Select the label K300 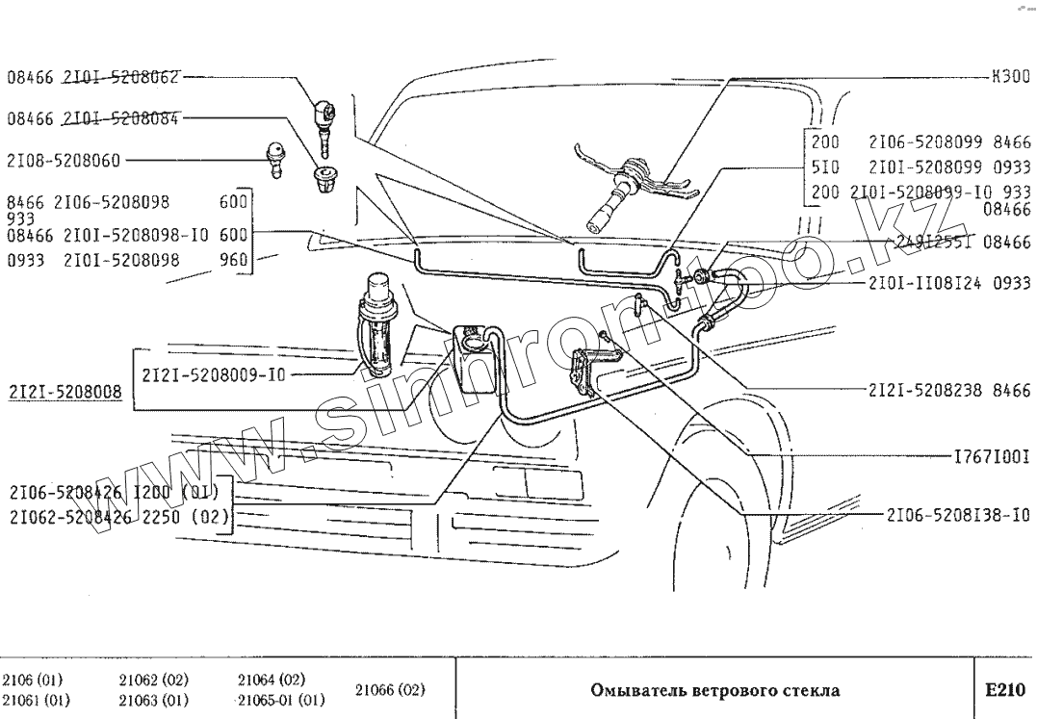coord(1011,76)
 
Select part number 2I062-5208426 coord(73,516)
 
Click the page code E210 coord(1004,690)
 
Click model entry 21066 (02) coord(390,689)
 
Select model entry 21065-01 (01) coord(281,700)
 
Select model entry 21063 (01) coord(153,700)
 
